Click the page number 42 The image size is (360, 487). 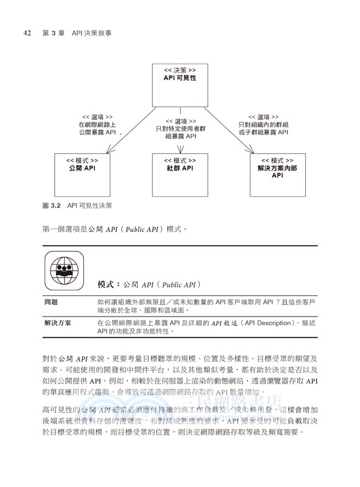[27, 33]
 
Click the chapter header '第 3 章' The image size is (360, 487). [54, 33]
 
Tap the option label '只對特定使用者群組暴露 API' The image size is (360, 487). [180, 128]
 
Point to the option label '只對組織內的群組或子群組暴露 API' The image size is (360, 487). [263, 124]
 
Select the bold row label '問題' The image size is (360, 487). [51, 302]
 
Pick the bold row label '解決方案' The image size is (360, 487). [57, 323]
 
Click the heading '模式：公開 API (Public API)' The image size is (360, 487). [150, 284]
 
